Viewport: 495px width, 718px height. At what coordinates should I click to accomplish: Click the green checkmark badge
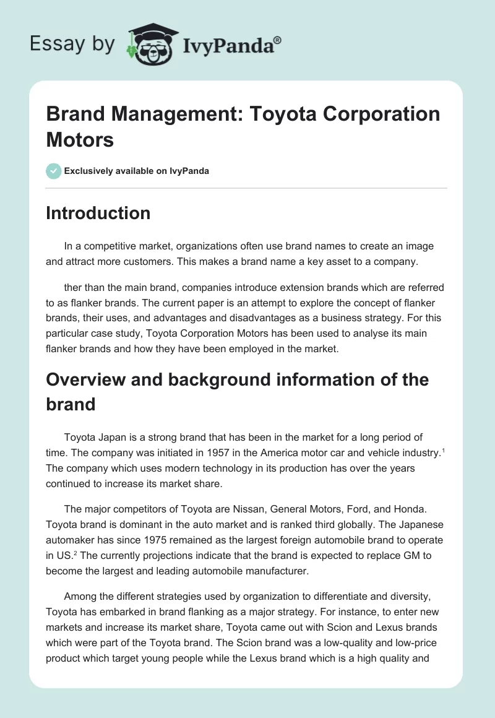pos(53,171)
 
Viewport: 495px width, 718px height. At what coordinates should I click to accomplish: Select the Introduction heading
pos(98,213)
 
